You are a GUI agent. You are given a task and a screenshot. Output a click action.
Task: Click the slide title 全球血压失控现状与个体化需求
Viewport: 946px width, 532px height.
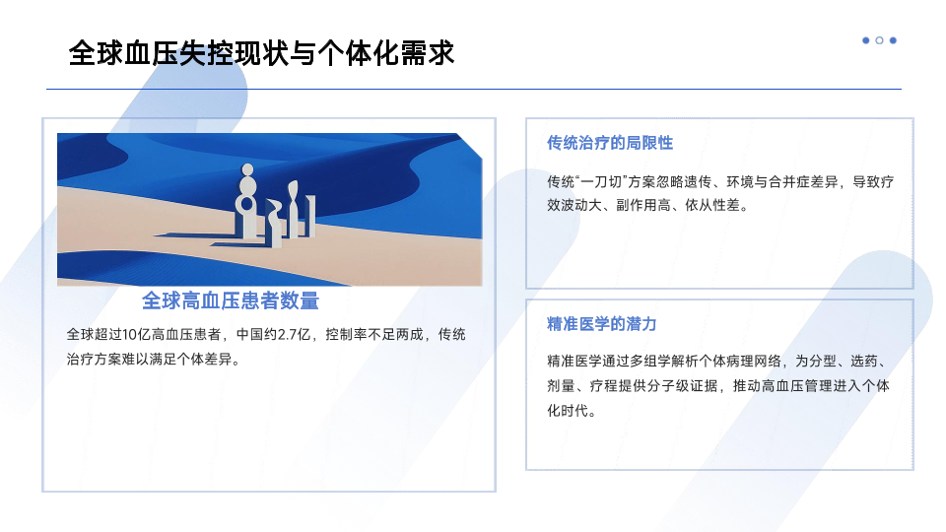coord(261,53)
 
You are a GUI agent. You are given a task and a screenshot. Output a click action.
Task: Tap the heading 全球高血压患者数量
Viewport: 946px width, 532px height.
coord(231,300)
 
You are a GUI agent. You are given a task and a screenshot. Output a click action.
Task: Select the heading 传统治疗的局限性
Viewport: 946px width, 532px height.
coord(609,143)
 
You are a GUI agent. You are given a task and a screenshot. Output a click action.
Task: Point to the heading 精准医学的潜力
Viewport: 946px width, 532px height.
coord(601,324)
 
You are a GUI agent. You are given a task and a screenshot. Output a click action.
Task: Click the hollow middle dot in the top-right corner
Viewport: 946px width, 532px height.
coord(879,40)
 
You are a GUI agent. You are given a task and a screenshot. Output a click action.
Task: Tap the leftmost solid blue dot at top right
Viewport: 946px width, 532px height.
coord(866,40)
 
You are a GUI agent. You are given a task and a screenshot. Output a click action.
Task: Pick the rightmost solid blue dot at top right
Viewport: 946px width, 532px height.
coord(893,40)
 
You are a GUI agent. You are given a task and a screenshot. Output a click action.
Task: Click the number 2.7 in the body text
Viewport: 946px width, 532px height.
coord(287,335)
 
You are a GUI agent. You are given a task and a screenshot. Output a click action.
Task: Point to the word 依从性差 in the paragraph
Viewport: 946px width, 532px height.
coord(711,206)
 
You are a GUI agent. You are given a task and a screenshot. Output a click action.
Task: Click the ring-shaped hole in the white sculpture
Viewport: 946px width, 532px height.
coord(246,203)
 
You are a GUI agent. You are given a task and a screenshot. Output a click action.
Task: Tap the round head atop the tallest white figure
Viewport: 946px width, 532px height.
coord(246,170)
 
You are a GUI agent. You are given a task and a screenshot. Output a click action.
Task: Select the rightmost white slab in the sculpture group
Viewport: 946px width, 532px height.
coord(310,216)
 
